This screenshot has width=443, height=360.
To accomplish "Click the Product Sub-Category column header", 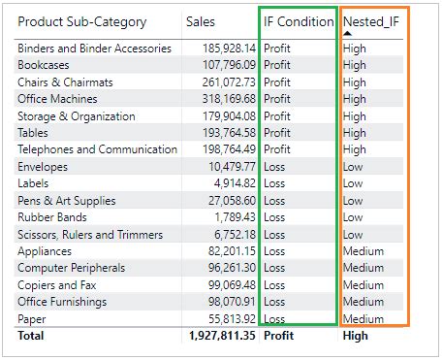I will click(82, 21).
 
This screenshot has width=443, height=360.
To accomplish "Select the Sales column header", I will click(201, 21).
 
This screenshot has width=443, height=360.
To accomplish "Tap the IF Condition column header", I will click(299, 21).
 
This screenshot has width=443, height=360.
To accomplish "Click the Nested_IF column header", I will click(372, 21).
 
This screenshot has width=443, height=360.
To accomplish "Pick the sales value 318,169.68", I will click(226, 99).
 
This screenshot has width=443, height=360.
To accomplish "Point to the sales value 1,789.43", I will click(234, 217).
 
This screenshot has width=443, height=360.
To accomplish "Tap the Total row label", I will click(32, 336).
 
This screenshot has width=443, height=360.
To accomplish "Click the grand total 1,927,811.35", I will click(223, 336).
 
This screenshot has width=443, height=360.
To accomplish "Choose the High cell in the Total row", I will click(356, 336).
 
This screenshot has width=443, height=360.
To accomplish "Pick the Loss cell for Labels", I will click(275, 183).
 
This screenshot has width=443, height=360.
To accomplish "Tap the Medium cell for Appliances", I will click(364, 251).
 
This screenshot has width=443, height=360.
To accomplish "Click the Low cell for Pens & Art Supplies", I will click(353, 201).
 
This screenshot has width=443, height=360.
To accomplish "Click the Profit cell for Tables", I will click(276, 133).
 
